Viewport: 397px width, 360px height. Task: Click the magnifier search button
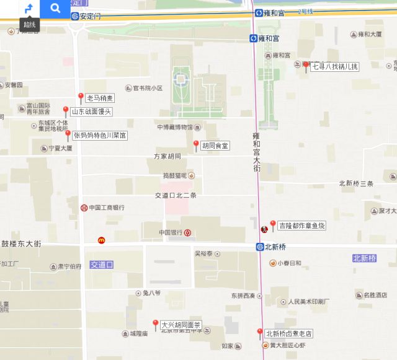55,8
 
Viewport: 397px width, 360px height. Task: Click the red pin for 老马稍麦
81,97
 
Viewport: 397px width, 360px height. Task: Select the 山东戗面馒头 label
91,112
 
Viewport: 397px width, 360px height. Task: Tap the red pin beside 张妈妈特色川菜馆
68,134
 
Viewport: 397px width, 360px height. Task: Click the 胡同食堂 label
215,146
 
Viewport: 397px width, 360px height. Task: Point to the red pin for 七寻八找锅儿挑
305,66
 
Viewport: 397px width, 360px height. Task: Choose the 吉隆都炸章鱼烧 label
301,226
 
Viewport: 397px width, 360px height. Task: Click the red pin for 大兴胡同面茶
156,324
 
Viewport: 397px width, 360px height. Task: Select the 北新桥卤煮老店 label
288,334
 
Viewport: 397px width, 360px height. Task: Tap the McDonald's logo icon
101,240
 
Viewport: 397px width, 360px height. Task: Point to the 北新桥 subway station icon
260,247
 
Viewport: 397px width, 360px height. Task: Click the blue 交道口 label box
102,265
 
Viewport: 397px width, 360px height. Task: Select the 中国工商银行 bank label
106,208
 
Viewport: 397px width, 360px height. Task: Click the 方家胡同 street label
167,156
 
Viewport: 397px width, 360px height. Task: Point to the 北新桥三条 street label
356,184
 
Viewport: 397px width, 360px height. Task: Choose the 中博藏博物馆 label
174,127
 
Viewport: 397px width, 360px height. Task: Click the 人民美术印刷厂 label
308,302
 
